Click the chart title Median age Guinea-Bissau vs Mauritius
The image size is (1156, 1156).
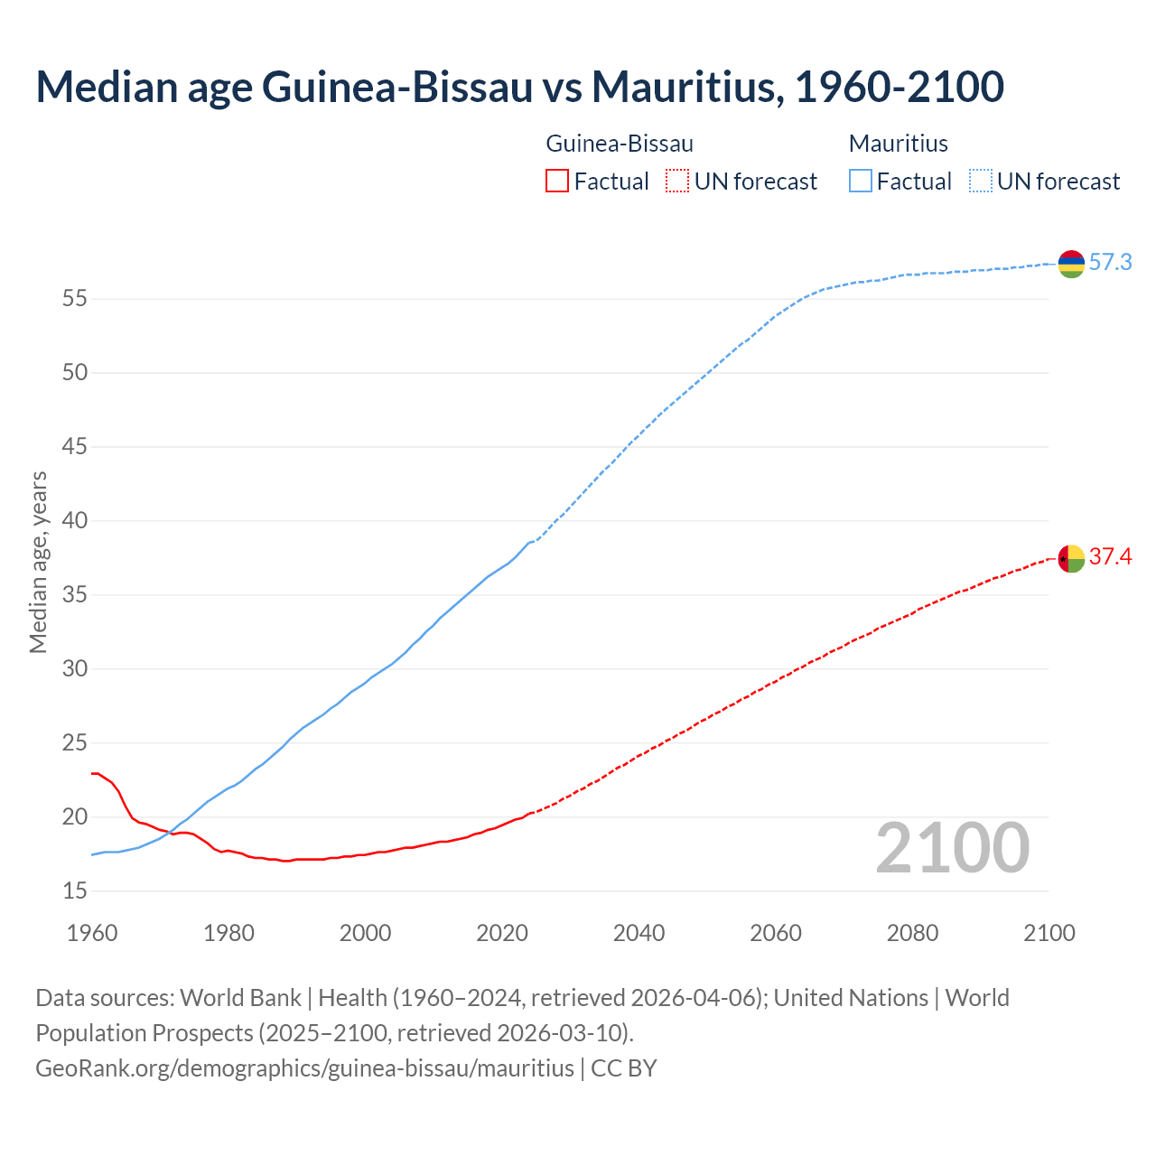[519, 88]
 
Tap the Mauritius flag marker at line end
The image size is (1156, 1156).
[1071, 263]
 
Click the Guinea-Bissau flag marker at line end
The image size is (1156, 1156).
[1071, 559]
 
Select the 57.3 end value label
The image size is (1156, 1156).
[1110, 263]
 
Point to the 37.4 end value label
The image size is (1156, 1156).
[1110, 557]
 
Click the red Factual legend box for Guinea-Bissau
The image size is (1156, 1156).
[557, 182]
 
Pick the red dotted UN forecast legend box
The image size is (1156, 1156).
[677, 182]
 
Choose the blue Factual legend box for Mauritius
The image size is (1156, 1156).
[861, 182]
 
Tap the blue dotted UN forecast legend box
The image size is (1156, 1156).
[980, 182]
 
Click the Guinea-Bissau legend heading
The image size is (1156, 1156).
[620, 144]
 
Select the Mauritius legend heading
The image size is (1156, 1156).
[898, 144]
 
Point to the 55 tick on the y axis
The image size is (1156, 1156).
[74, 299]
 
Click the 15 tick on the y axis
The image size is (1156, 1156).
[74, 891]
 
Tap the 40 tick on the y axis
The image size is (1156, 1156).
[74, 521]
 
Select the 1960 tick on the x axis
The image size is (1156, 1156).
[92, 933]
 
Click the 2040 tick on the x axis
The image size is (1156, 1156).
[639, 933]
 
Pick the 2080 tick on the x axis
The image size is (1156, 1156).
[912, 933]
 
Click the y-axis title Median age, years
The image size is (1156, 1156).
[38, 562]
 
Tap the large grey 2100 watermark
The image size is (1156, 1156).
[952, 848]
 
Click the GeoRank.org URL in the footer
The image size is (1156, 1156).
[304, 1068]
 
